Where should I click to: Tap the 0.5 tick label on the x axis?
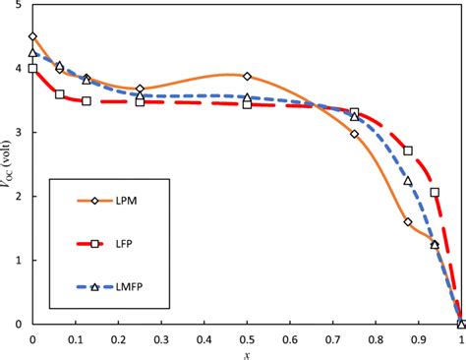247,337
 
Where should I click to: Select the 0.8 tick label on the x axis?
375,337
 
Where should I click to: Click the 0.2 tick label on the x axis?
118,337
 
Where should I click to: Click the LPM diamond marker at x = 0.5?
247,76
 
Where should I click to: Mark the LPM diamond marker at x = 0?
32,36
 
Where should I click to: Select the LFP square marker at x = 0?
32,69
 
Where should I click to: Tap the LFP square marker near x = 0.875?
408,150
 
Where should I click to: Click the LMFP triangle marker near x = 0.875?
408,181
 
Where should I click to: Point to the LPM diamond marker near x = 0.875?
408,222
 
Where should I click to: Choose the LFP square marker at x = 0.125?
87,101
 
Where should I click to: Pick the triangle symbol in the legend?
94,287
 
